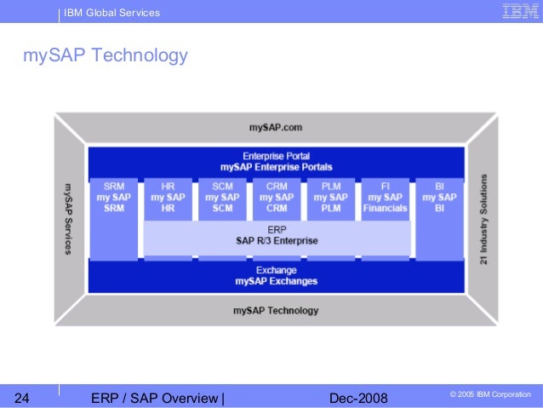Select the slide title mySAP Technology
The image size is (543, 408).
click(105, 56)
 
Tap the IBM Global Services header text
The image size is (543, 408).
click(111, 13)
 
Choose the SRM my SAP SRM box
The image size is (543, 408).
click(113, 198)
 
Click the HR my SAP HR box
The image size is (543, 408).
click(168, 198)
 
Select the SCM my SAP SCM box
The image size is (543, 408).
click(222, 198)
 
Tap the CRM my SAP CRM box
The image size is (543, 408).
click(276, 198)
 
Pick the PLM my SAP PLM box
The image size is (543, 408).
click(330, 198)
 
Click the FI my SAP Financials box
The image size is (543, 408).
click(385, 198)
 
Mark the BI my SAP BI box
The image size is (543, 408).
click(439, 198)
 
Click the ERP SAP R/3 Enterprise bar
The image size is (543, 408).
click(276, 236)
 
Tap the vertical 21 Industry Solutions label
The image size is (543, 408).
click(483, 218)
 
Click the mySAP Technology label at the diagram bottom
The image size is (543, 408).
click(276, 311)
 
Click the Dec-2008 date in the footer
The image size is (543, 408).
click(357, 398)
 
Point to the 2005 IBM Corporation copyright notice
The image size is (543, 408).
click(489, 395)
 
